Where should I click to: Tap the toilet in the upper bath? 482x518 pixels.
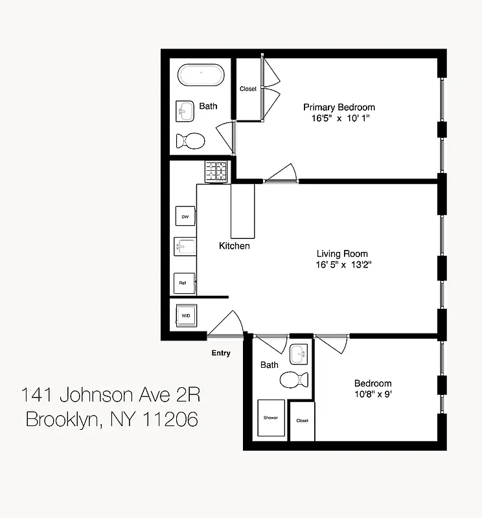[190, 139]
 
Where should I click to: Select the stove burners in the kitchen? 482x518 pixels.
[216, 172]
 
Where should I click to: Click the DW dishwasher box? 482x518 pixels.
[185, 216]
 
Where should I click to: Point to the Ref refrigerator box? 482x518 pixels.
[184, 283]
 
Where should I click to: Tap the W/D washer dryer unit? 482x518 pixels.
[185, 316]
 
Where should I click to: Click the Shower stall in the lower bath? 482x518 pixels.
[270, 417]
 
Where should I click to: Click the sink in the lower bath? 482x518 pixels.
[299, 354]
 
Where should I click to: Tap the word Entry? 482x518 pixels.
[221, 353]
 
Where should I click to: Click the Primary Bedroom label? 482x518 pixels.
[339, 107]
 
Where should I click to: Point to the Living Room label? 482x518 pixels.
[342, 254]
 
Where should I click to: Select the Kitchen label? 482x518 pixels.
[234, 246]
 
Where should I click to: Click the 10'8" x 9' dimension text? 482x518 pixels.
[373, 394]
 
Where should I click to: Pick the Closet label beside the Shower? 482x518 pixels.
[302, 420]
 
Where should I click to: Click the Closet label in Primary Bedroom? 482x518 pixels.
[247, 89]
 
